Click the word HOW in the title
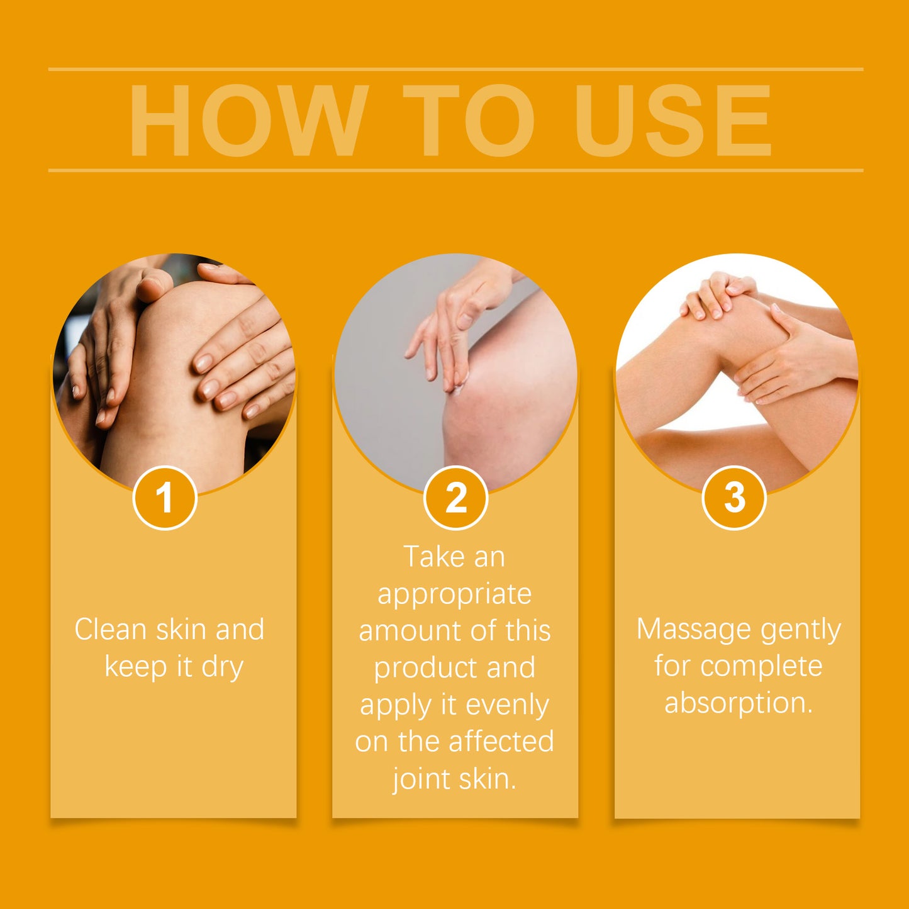coord(248,121)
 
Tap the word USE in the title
coord(672,121)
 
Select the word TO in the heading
coord(469,121)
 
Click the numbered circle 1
coord(165,498)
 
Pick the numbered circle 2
coord(455,498)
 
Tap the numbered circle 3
coord(733,498)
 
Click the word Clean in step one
coord(110,629)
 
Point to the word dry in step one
coord(222,667)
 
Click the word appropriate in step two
coord(454,594)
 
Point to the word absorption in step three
coord(739,703)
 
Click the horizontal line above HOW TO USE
coord(455,69)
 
